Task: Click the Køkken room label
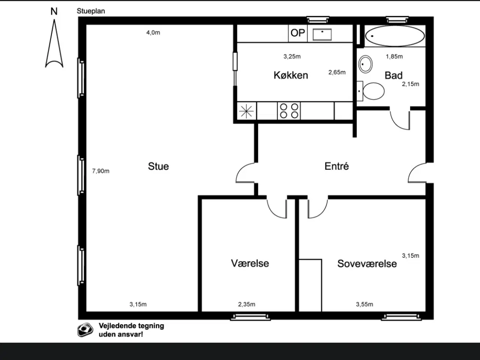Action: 291,75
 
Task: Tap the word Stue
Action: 158,166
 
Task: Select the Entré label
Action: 336,166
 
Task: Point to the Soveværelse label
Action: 367,264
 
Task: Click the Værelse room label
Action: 250,263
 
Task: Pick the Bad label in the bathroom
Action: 393,75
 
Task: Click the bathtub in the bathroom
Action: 394,36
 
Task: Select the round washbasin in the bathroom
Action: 365,64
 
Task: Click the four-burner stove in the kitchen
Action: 289,111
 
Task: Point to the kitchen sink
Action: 322,34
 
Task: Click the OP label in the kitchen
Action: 298,33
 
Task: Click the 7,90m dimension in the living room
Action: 101,171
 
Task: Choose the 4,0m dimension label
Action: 153,33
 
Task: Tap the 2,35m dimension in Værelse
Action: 246,304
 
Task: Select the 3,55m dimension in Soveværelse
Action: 364,304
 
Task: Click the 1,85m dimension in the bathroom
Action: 394,57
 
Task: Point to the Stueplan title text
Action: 91,11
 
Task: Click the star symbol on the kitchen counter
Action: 246,111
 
